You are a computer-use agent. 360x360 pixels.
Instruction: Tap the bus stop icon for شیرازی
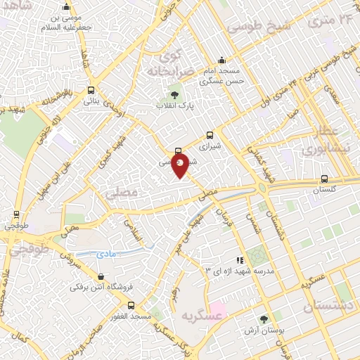click(210, 136)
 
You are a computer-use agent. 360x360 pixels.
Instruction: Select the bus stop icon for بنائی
click(91, 90)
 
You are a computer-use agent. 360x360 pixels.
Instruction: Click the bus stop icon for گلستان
click(323, 179)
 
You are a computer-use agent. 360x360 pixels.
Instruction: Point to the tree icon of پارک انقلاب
click(174, 95)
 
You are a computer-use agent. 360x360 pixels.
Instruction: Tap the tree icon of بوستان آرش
click(264, 319)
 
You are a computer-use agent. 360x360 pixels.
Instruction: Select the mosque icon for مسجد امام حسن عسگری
click(221, 60)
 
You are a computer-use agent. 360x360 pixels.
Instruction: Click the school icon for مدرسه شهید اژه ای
click(240, 260)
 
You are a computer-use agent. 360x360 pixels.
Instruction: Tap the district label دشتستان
click(331, 307)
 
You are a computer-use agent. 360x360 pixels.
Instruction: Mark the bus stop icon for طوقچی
click(15, 214)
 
